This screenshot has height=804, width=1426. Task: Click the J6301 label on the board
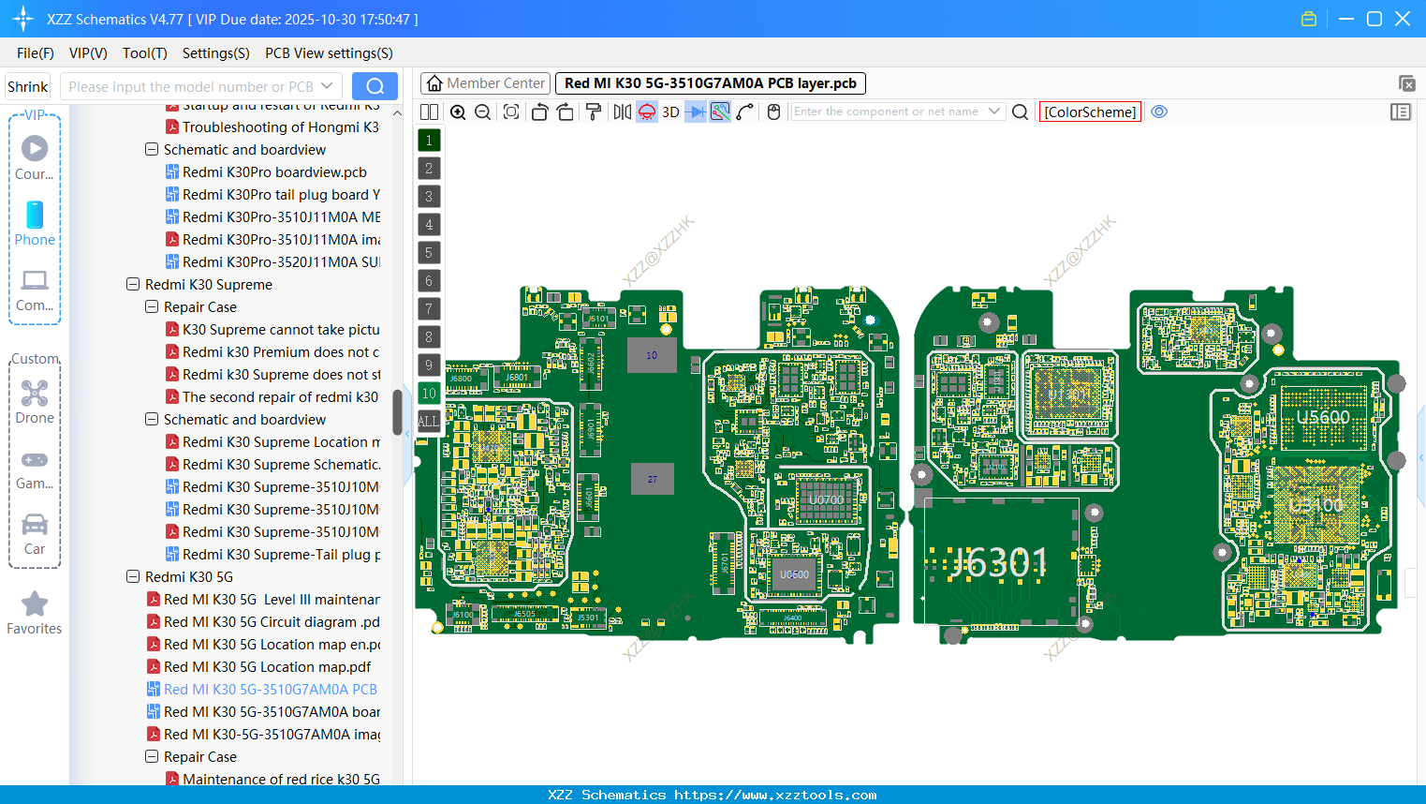coord(1000,562)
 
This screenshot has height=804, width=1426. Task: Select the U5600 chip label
coord(1322,418)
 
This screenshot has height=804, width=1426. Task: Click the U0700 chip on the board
coord(826,499)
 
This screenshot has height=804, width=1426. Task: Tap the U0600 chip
coord(794,574)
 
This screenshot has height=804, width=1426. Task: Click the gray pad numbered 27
coord(653,479)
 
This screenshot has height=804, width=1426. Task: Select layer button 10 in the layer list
coord(429,393)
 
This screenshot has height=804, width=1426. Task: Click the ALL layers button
coord(429,421)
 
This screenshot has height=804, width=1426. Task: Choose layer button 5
coord(429,252)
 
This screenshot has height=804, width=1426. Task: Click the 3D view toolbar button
coord(670,112)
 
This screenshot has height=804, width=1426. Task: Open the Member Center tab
coord(486,83)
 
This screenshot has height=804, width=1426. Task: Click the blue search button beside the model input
coord(375,86)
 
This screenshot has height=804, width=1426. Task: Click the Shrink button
coord(28,86)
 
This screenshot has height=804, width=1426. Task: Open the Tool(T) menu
coord(144,53)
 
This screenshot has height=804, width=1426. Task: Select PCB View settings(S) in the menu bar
coord(329,53)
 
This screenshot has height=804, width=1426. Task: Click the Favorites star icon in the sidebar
coord(35,604)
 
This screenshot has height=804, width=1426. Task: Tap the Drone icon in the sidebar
coord(35,394)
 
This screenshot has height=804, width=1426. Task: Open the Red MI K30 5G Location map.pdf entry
coord(267,667)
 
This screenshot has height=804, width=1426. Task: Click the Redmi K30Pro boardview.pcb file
coord(274,172)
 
